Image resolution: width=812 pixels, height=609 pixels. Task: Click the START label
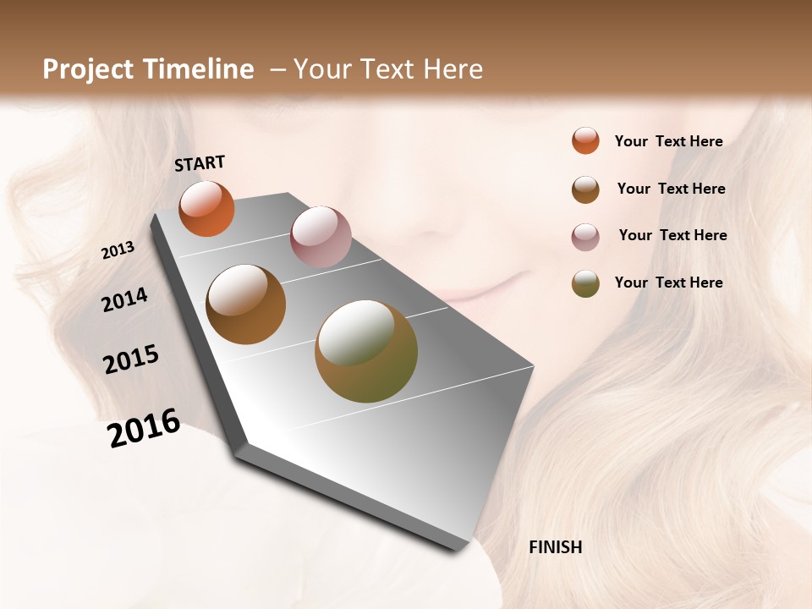point(200,163)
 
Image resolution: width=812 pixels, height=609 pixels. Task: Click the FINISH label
point(555,547)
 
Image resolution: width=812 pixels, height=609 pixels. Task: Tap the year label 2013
point(118,250)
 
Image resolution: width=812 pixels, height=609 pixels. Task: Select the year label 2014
point(125,299)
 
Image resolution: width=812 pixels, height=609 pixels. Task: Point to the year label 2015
point(131,359)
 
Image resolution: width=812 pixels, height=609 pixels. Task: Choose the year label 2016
point(144,428)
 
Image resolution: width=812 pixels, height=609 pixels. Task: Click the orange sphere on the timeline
point(206,208)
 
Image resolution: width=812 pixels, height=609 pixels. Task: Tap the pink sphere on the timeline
point(321,236)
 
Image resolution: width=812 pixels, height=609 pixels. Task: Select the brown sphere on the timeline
point(246,304)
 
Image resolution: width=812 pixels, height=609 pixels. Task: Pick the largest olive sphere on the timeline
point(366,351)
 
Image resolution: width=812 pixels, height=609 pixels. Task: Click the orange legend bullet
point(585,140)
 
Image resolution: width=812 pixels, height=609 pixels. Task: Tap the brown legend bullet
point(585,189)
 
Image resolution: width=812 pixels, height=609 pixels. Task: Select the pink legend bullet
point(585,237)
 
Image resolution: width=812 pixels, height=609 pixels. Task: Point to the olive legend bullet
point(585,283)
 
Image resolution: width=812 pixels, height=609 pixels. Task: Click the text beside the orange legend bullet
point(668,141)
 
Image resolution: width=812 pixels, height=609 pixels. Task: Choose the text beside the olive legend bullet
point(668,283)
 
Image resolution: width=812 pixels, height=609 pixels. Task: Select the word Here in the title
point(453,69)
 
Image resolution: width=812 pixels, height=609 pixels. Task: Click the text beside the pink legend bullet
point(672,235)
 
